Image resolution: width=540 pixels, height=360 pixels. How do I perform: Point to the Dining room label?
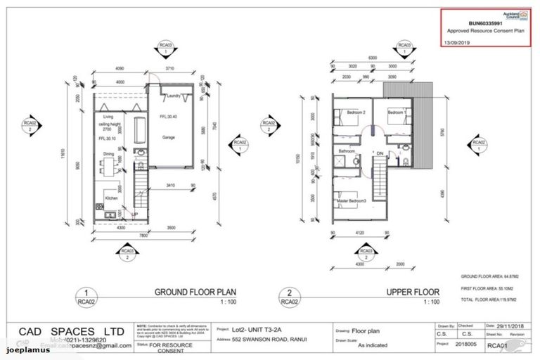click(110, 154)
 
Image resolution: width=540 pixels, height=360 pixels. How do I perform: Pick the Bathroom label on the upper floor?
click(347, 150)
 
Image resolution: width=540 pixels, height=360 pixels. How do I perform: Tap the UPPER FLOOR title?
click(413, 292)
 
